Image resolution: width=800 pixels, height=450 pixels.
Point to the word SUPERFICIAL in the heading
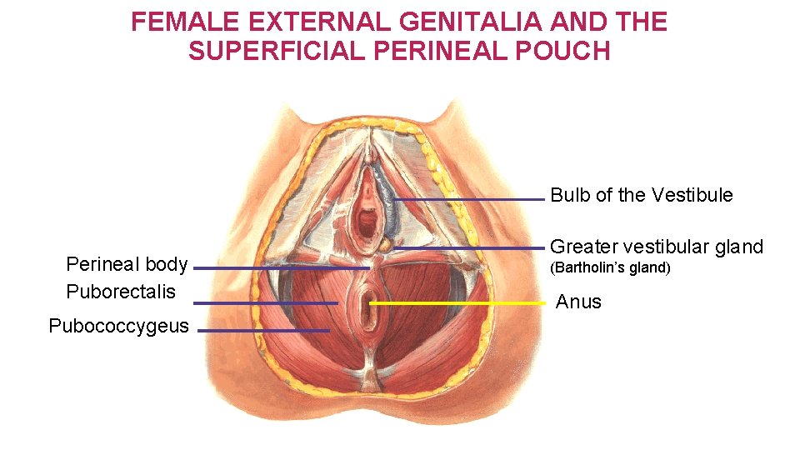point(265,52)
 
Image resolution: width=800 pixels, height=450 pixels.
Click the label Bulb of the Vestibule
point(642,196)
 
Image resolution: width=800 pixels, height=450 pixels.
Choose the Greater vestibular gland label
point(656,247)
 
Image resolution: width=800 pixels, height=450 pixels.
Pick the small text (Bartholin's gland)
point(610,268)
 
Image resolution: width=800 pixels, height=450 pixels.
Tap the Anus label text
point(578,302)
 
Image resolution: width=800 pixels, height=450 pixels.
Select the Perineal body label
point(127,265)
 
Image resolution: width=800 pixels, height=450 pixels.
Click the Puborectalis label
point(121,292)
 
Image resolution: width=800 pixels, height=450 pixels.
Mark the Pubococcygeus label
point(119,326)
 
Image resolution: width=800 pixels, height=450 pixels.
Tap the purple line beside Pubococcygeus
point(263,331)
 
